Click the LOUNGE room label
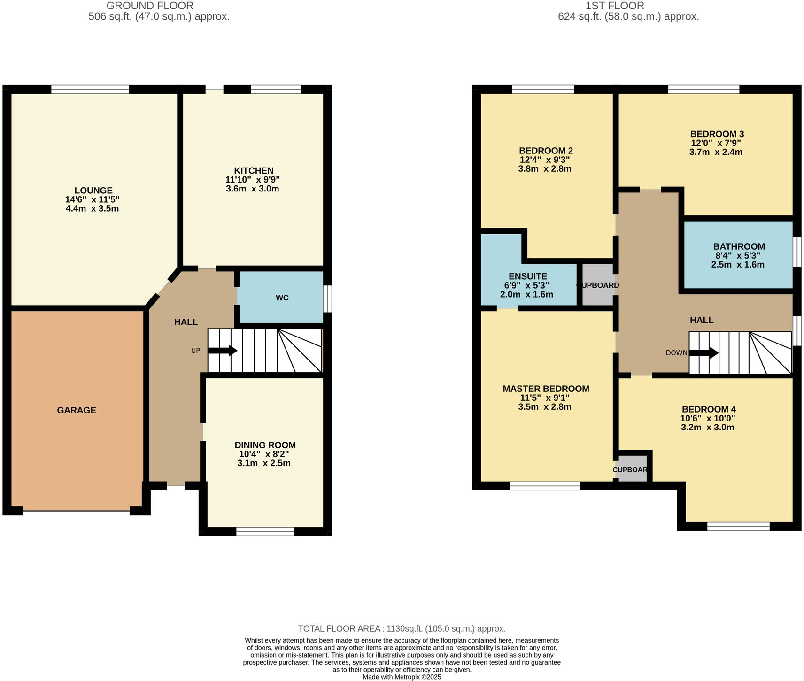click(x=93, y=191)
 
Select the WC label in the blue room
click(x=282, y=298)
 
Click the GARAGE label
click(x=77, y=410)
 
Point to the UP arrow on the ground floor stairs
click(x=222, y=351)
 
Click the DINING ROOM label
click(x=265, y=445)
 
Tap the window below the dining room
click(x=265, y=531)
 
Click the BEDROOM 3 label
click(x=717, y=134)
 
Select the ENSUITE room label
click(x=527, y=276)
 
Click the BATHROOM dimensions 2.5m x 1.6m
click(x=737, y=265)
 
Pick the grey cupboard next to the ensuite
click(x=598, y=284)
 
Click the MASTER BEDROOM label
click(x=546, y=389)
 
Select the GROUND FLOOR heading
click(x=150, y=6)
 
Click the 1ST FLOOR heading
click(x=615, y=6)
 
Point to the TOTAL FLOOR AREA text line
click(x=402, y=628)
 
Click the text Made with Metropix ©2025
click(x=402, y=677)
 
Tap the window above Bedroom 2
click(x=543, y=89)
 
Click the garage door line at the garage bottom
click(x=76, y=510)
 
